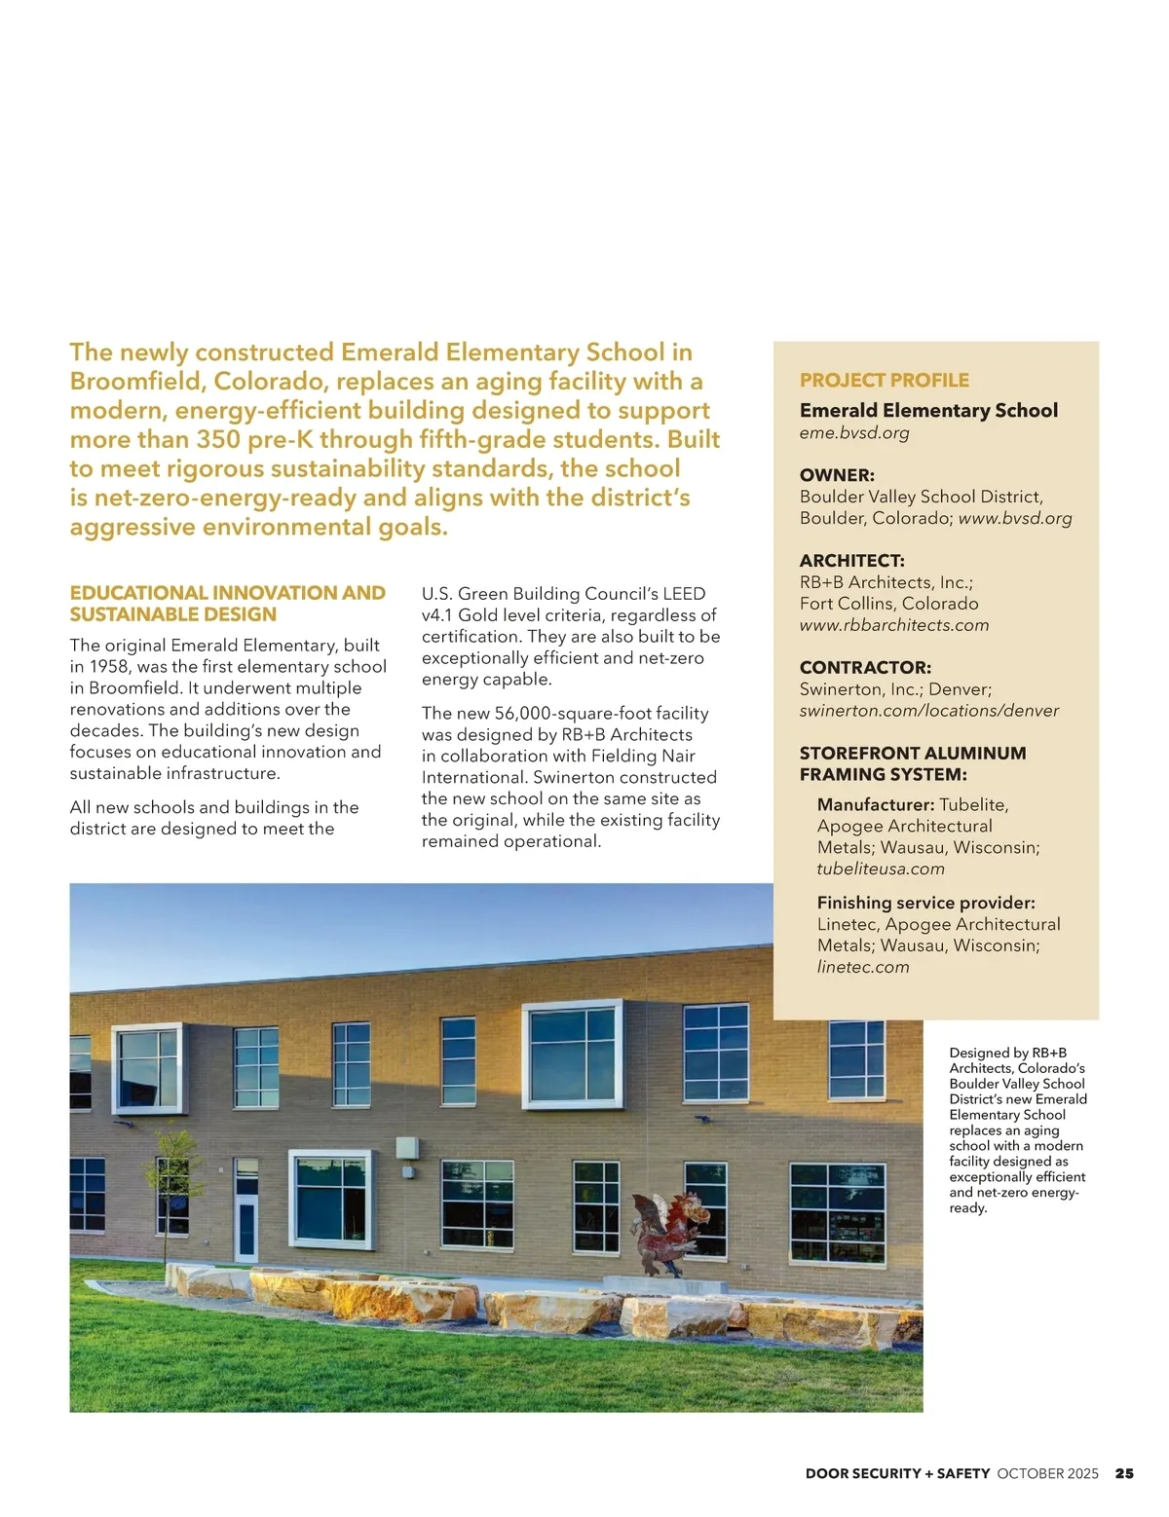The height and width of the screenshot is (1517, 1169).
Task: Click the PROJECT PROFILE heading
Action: pos(884,380)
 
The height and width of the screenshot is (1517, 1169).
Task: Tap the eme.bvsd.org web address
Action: pos(853,432)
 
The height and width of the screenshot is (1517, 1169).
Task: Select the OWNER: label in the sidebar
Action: pos(837,475)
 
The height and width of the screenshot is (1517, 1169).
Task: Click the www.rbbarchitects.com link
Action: pos(893,625)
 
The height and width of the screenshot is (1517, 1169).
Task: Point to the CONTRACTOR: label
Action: pos(865,668)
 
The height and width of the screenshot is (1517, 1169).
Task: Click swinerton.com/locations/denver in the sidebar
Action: pos(928,711)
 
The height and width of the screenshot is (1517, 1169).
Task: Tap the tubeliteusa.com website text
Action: pos(881,869)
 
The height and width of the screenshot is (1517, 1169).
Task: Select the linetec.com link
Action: pos(862,967)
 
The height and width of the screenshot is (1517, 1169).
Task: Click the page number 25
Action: pos(1124,1473)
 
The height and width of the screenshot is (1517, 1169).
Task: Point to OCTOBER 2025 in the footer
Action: pos(1047,1473)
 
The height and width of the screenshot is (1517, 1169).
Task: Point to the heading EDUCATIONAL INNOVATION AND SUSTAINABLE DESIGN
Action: pos(227,604)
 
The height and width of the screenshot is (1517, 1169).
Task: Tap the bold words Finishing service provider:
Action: pos(925,903)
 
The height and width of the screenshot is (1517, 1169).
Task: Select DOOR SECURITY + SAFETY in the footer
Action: pos(897,1473)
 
